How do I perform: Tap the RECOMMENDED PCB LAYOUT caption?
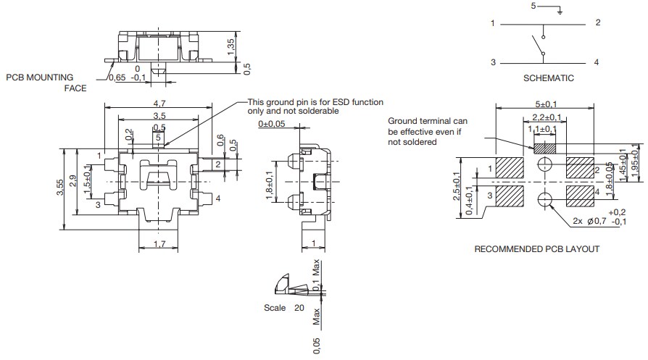[x=537, y=249]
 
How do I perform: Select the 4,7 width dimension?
[x=159, y=104]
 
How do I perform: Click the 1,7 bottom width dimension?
[x=159, y=246]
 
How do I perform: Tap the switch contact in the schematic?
[x=538, y=45]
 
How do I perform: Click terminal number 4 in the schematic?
[x=597, y=62]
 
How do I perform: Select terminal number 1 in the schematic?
[x=492, y=23]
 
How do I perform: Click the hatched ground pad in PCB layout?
[x=544, y=148]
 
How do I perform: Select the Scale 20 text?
[x=280, y=307]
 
